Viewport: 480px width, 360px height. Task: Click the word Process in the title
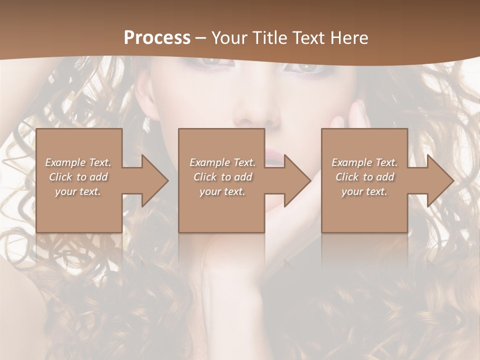[157, 38]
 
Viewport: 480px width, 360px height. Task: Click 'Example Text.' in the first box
[78, 162]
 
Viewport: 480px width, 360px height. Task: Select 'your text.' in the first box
[78, 191]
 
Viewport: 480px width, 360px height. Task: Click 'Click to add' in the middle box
[222, 177]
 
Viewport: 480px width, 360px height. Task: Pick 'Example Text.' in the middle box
[222, 162]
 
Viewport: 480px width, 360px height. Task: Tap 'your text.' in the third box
[364, 191]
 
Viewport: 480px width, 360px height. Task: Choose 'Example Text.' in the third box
[364, 162]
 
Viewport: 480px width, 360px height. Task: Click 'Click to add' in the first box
[78, 177]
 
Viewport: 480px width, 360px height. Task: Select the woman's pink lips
[272, 155]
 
